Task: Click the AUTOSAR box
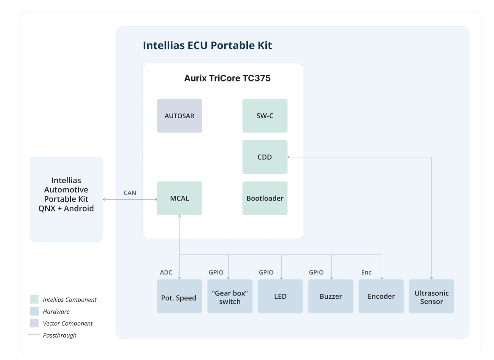(x=179, y=116)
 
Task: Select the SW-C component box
(x=265, y=116)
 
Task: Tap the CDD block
(x=265, y=157)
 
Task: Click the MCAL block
(x=179, y=198)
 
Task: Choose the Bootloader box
(x=265, y=198)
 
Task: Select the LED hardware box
(x=280, y=296)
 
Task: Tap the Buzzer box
(x=331, y=296)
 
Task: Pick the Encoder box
(x=381, y=296)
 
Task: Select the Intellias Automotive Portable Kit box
(x=66, y=199)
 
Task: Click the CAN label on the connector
(x=130, y=193)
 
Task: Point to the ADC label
(x=166, y=272)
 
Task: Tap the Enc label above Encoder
(x=366, y=272)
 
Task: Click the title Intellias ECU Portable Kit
(x=207, y=46)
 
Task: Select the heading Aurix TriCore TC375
(x=227, y=78)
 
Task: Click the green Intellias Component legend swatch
(x=34, y=300)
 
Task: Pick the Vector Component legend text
(x=68, y=323)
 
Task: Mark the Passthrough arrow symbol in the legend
(x=34, y=335)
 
